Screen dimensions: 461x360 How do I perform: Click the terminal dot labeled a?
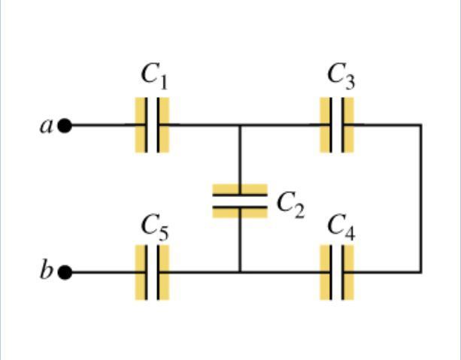(65, 126)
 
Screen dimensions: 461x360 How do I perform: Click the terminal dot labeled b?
(65, 272)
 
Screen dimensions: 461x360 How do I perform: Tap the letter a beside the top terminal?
(46, 127)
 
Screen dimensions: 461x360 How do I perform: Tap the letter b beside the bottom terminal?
(46, 269)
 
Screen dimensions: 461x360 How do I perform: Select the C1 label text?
(154, 76)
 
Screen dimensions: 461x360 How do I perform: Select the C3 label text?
(341, 76)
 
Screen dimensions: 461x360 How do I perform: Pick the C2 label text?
(291, 205)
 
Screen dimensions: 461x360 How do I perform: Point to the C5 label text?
(155, 228)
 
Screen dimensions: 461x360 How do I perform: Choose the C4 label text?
(341, 228)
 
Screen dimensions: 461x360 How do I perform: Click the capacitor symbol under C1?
(152, 126)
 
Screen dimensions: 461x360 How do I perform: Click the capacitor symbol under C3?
(337, 126)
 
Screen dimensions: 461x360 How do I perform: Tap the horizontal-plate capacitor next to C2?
(240, 201)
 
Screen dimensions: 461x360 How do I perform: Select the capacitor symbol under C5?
(152, 272)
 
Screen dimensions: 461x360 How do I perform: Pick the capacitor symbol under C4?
(337, 272)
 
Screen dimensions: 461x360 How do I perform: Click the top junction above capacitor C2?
(240, 126)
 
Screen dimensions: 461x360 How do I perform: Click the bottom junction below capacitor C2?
(240, 272)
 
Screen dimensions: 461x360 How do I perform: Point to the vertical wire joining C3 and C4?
(420, 198)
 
